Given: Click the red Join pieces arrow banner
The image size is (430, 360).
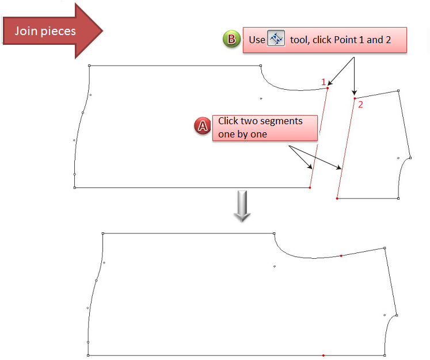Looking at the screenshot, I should (x=49, y=30).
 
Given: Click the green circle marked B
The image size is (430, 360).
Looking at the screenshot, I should (x=231, y=40).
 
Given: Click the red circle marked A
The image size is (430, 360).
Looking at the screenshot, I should (x=203, y=127).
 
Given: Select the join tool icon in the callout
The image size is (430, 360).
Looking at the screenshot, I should (x=276, y=40).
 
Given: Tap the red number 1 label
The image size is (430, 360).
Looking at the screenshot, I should (x=324, y=82).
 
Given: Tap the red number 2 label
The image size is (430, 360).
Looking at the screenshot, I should (x=360, y=105).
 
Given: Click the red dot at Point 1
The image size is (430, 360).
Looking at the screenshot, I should (x=328, y=88).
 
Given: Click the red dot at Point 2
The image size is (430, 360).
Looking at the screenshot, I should (x=355, y=98).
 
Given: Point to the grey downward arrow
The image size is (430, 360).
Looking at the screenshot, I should (x=242, y=208).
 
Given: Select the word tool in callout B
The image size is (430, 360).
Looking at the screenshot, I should (x=299, y=40).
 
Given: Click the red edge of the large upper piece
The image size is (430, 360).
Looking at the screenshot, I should (x=319, y=138).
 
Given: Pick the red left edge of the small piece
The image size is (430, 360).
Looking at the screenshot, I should (x=345, y=149).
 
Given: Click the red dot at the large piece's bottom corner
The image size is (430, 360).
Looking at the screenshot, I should (x=310, y=188).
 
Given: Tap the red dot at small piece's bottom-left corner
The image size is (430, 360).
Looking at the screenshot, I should (x=337, y=198).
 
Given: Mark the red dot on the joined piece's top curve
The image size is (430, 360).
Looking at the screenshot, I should (x=341, y=255).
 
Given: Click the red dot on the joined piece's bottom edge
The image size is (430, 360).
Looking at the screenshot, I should (x=324, y=355).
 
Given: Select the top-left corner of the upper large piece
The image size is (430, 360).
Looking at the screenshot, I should (x=89, y=66).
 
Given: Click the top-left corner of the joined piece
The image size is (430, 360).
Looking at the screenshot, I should (x=102, y=233).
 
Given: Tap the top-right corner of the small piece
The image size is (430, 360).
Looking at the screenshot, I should (x=398, y=90).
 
